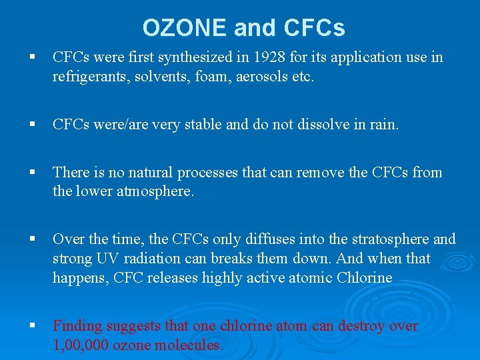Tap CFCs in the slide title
(x=315, y=27)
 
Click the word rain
(x=383, y=125)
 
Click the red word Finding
(x=79, y=325)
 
